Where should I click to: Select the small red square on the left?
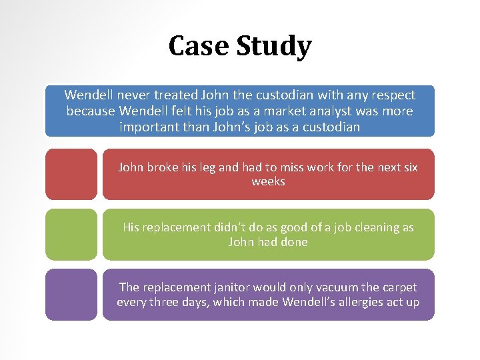click(71, 174)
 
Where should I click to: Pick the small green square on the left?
click(71, 234)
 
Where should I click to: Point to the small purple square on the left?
click(71, 294)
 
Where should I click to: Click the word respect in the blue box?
click(392, 95)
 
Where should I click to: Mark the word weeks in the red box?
click(268, 182)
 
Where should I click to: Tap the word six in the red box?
click(409, 167)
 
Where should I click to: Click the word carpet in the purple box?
click(399, 287)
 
